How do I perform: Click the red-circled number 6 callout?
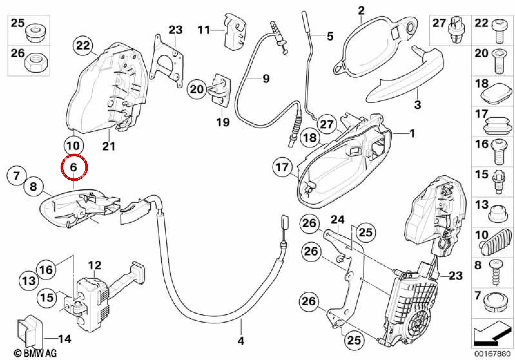click(x=73, y=167)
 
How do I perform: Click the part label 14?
click(x=64, y=339)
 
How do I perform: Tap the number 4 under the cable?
click(x=241, y=341)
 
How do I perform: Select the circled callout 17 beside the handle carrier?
click(x=282, y=167)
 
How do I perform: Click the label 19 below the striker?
click(x=223, y=122)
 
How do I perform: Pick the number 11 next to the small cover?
click(x=204, y=30)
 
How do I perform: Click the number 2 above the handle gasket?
click(x=361, y=11)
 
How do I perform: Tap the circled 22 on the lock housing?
click(x=83, y=45)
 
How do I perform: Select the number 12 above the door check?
click(x=94, y=266)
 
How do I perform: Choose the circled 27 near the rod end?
click(x=326, y=124)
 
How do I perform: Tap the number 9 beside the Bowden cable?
click(x=266, y=79)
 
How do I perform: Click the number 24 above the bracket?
click(x=337, y=220)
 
